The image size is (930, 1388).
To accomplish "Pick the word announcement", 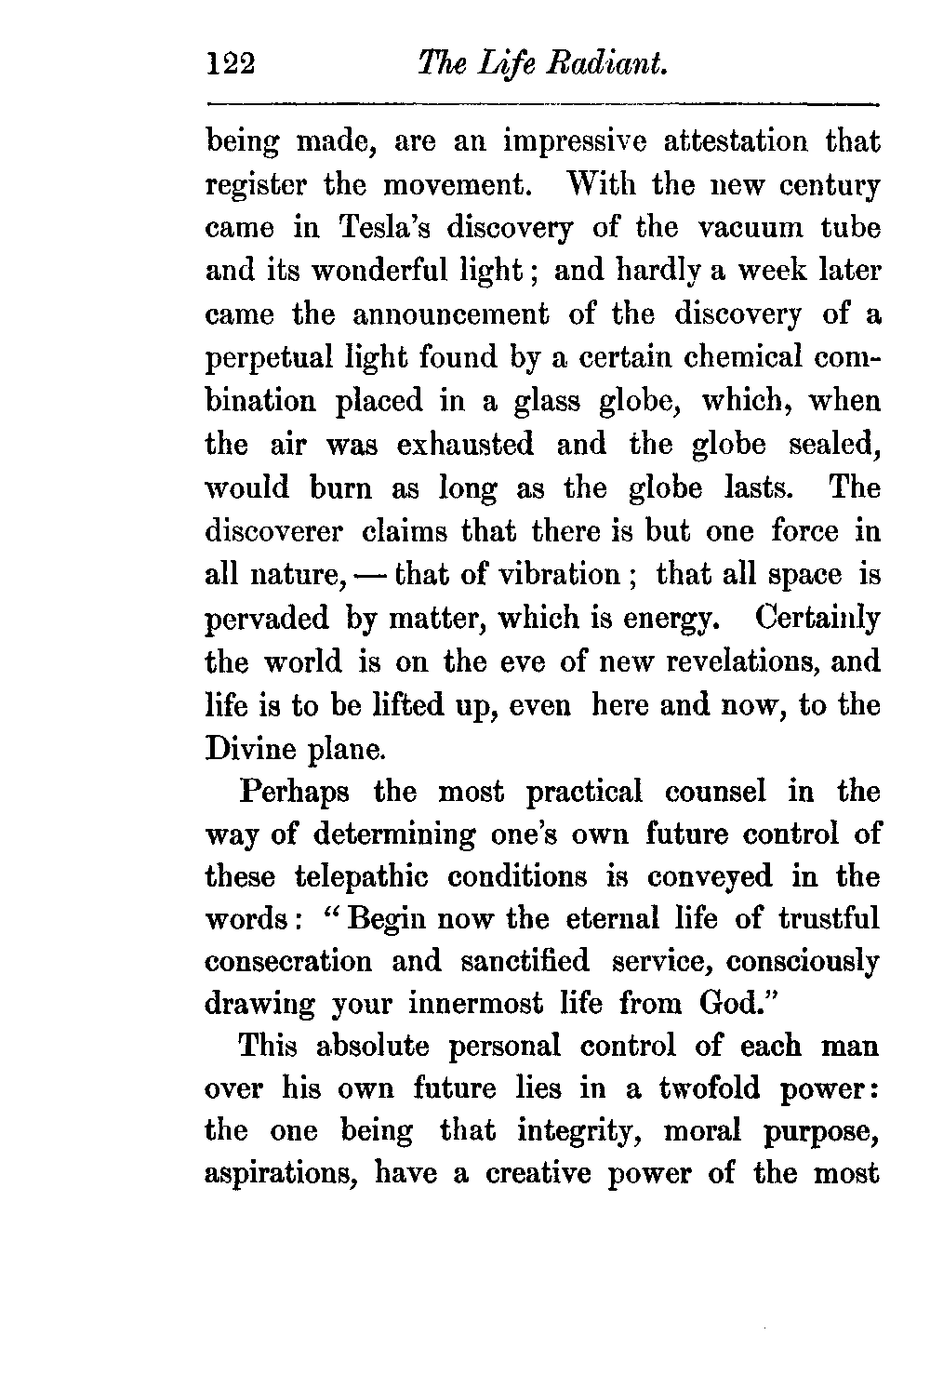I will point(451,314).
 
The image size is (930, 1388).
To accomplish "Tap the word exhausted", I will point(465,445).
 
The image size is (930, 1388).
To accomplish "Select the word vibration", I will point(554,575).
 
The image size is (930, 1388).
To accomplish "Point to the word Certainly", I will point(817,618).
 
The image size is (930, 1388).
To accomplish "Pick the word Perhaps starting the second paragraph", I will point(295,792).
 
